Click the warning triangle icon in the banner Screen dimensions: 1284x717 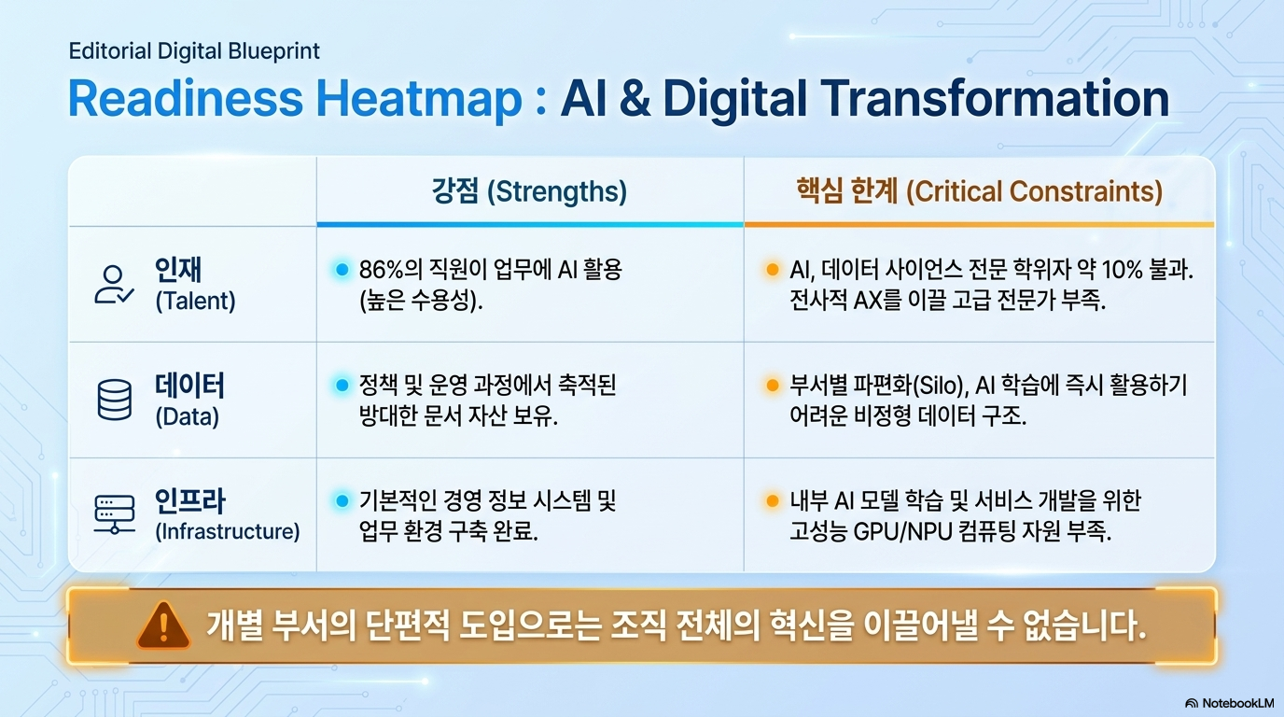[x=163, y=626]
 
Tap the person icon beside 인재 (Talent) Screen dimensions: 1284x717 [x=114, y=285]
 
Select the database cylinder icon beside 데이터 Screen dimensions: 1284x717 [x=115, y=400]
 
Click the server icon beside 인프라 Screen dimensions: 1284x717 [x=115, y=514]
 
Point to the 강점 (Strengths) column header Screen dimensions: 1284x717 [x=529, y=191]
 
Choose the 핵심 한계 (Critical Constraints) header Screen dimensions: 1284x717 [x=979, y=191]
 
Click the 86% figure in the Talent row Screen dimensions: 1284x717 [x=382, y=270]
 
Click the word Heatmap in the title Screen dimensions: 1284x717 [x=419, y=99]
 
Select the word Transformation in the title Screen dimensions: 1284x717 [x=995, y=98]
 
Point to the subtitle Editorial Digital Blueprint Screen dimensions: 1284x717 [x=194, y=51]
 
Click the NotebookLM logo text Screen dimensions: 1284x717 [x=1237, y=703]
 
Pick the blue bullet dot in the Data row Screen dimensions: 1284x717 [x=342, y=385]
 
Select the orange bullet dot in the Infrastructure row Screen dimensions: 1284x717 [x=772, y=500]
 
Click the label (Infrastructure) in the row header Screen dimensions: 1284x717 [x=228, y=531]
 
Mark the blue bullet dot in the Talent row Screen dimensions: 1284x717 [x=342, y=269]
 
